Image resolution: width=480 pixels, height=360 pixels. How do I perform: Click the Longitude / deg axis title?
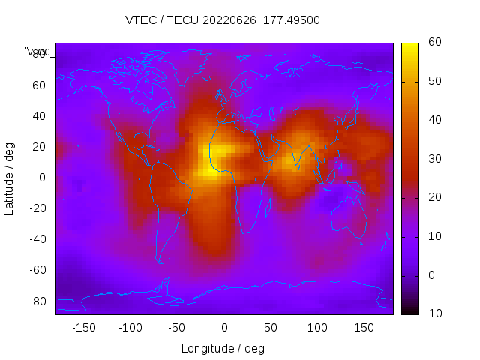coord(223,349)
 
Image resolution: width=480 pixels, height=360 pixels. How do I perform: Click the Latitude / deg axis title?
coord(10,178)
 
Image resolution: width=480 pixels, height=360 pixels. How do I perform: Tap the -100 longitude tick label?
coord(130,328)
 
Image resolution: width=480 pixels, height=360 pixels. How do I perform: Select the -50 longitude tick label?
coord(177,328)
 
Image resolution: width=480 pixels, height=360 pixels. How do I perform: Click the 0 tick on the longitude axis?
coord(223,328)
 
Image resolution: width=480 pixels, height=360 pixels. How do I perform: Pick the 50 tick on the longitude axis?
coord(271,328)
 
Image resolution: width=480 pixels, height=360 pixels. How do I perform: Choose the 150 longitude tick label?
coord(364,328)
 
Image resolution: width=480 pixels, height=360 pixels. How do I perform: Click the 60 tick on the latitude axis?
coord(39,85)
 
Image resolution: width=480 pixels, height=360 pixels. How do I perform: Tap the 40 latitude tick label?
coord(39,116)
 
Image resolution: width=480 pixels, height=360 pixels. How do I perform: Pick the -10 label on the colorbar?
coord(430,313)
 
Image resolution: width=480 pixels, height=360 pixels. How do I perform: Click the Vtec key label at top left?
coord(37,52)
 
